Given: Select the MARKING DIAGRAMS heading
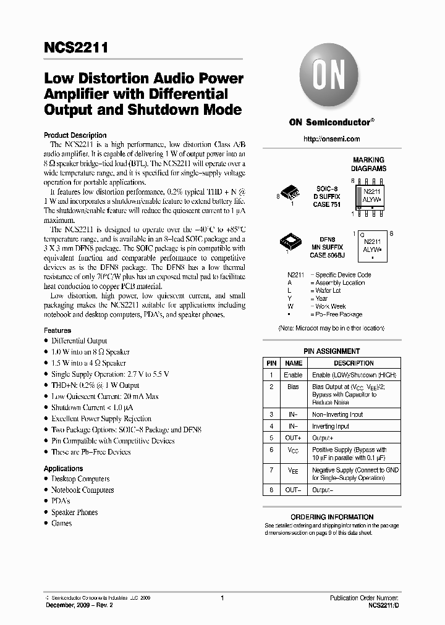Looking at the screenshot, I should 368,164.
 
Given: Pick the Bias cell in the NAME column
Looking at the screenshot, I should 293,387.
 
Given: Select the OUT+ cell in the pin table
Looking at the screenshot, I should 293,438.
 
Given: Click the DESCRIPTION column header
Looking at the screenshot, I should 354,363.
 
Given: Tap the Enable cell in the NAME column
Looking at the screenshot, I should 293,375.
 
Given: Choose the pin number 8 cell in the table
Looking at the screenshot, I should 271,490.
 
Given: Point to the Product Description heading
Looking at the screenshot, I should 75,135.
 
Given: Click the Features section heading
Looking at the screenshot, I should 57,330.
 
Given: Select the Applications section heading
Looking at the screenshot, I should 63,469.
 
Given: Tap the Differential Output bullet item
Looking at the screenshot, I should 79,341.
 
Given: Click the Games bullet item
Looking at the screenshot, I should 61,523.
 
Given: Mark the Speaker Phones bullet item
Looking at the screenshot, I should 74,512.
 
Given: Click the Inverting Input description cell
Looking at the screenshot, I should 331,426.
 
